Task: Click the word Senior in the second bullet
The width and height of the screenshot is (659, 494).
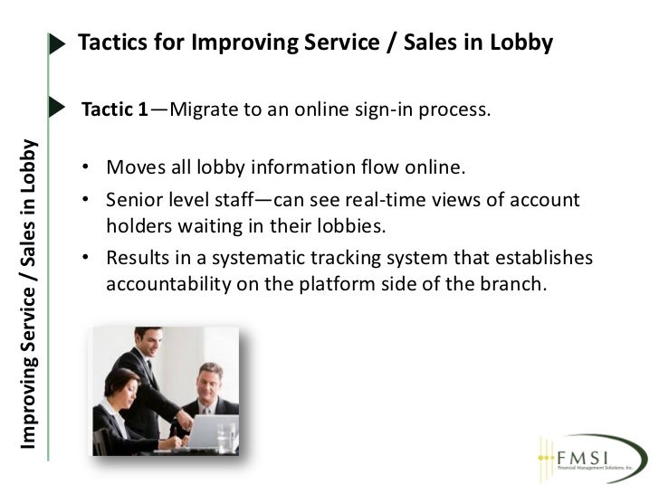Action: pyautogui.click(x=133, y=199)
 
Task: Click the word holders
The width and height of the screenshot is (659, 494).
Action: pyautogui.click(x=137, y=224)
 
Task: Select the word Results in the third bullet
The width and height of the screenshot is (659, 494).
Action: pyautogui.click(x=137, y=259)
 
